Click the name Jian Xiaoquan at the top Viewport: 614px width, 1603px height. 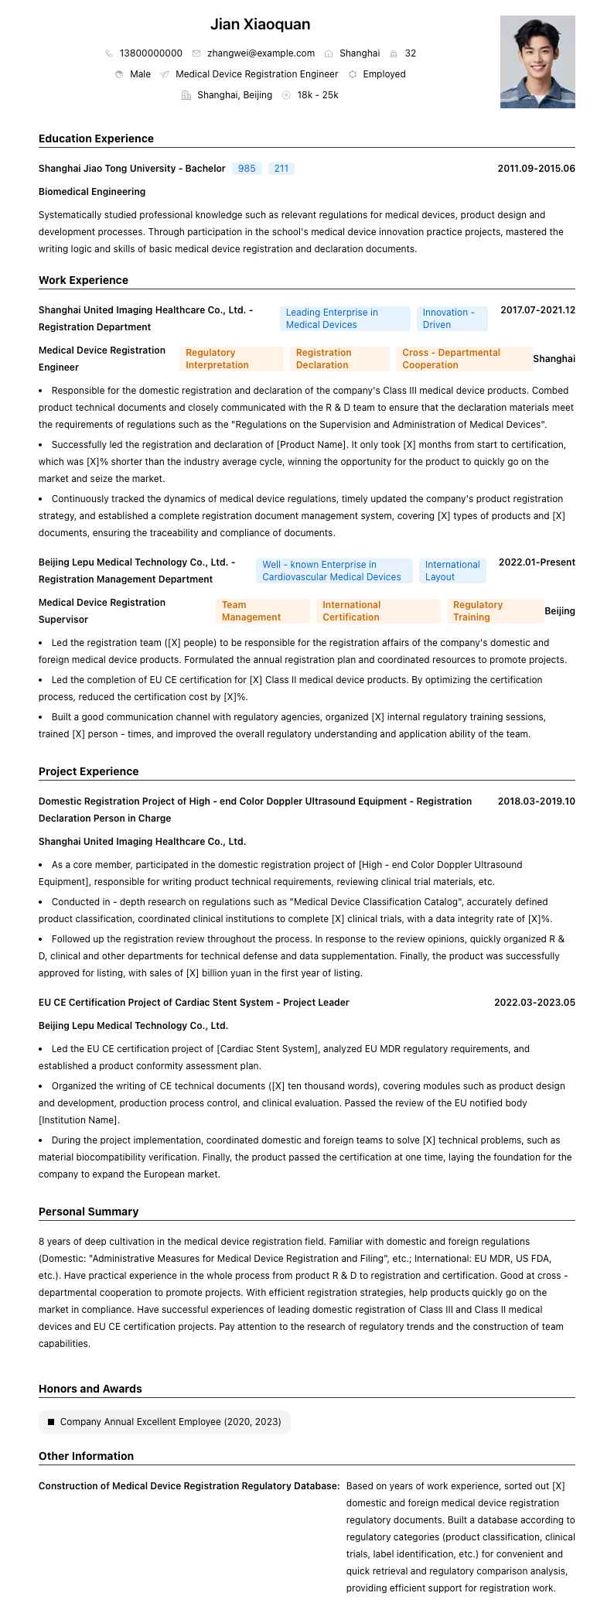tap(260, 25)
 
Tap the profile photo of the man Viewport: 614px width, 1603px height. tap(537, 62)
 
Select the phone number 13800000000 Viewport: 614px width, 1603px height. tap(151, 53)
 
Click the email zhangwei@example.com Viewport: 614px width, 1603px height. tap(261, 53)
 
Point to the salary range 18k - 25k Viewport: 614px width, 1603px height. tap(317, 95)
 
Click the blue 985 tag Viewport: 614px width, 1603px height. tap(247, 169)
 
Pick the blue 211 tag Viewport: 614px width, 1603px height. tap(281, 169)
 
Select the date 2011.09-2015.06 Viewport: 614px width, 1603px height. tap(536, 169)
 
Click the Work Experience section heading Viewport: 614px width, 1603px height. tap(84, 280)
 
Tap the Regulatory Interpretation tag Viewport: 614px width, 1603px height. tap(217, 359)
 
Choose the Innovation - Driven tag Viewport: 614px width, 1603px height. tap(452, 319)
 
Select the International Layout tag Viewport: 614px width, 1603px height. tap(452, 571)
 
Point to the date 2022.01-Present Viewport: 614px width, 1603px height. tap(537, 562)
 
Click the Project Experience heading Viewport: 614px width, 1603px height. tap(89, 771)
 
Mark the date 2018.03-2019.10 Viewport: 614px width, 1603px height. tap(536, 801)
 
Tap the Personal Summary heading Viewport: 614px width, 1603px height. tap(89, 1212)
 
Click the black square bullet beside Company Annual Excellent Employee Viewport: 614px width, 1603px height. tap(51, 1422)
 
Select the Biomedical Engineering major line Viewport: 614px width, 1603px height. tap(92, 192)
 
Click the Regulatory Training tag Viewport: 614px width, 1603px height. tap(495, 611)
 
